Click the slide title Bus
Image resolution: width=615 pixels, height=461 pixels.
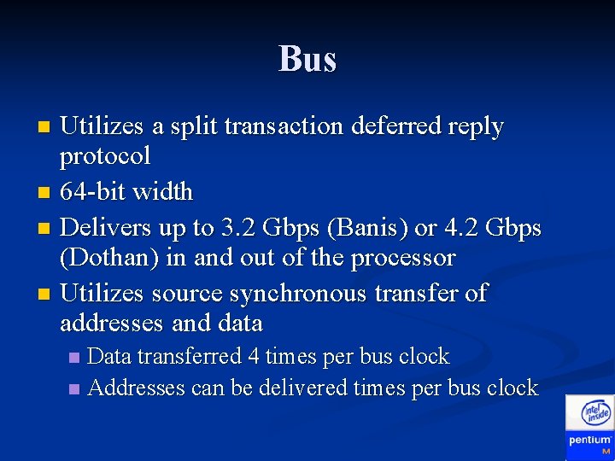[307, 59]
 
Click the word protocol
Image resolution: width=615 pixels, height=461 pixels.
[105, 156]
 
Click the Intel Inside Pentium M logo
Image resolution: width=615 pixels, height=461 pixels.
[589, 426]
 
